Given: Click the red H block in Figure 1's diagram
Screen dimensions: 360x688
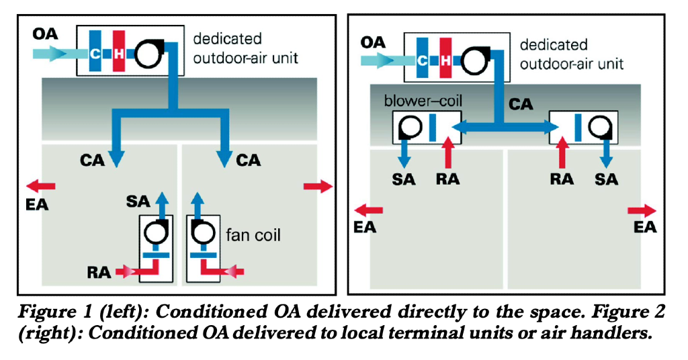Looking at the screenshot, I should tap(118, 51).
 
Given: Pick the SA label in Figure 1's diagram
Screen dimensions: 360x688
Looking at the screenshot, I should tap(138, 200).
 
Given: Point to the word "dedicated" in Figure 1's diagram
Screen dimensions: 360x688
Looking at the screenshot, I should tap(227, 39).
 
